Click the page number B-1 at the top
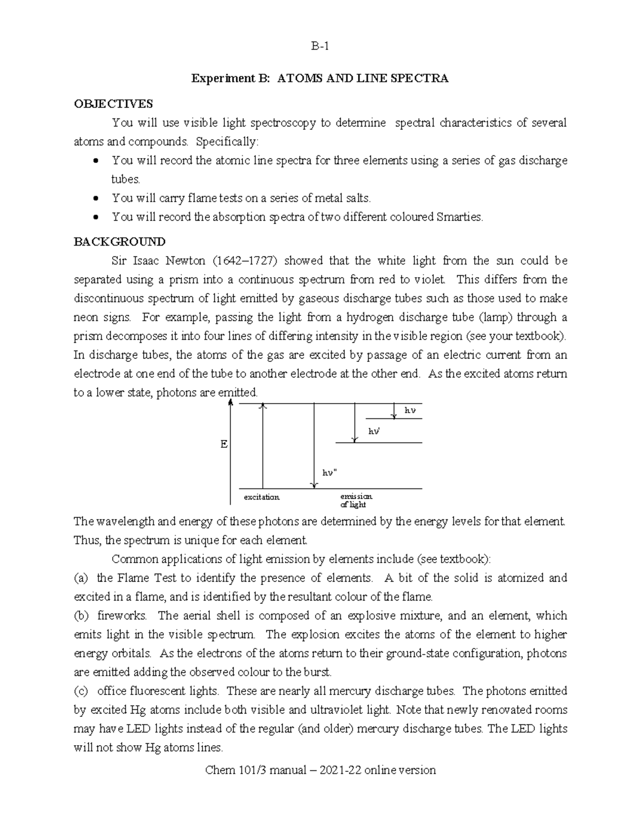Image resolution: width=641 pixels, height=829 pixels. point(320,46)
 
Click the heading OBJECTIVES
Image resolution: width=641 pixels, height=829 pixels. point(113,104)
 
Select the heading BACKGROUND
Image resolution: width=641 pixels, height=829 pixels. point(119,242)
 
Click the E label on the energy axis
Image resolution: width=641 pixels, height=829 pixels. point(224,444)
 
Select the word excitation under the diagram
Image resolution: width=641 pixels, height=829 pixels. point(262,497)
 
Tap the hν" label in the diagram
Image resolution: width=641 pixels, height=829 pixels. point(330,472)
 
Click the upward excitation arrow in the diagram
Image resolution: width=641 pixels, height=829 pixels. point(262,446)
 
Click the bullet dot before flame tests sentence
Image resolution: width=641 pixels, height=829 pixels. point(96,199)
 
